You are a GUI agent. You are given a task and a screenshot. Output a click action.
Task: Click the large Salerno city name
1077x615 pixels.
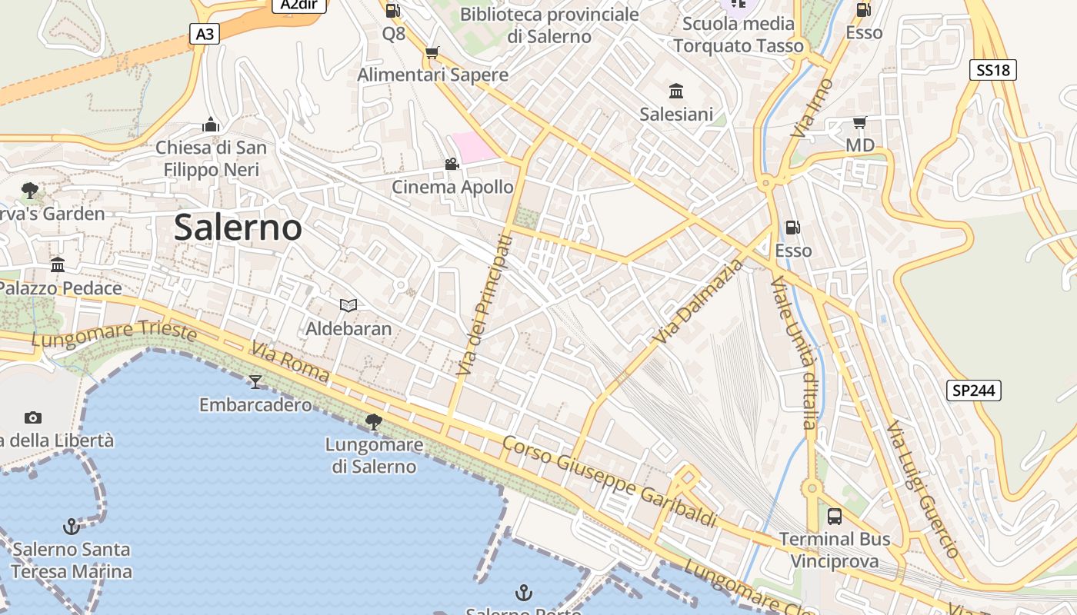pyautogui.click(x=238, y=228)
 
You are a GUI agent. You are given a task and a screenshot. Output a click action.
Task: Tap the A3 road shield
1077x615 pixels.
pyautogui.click(x=204, y=34)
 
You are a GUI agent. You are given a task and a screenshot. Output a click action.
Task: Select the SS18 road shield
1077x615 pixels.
pyautogui.click(x=992, y=71)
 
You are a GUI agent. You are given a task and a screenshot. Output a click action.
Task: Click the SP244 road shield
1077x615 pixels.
pyautogui.click(x=973, y=391)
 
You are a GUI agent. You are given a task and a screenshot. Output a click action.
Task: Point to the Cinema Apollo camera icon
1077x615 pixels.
pyautogui.click(x=452, y=165)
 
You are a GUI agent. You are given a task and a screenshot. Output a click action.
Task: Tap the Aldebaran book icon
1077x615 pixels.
pyautogui.click(x=348, y=306)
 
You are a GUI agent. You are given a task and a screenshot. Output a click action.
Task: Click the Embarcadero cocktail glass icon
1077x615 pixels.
pyautogui.click(x=255, y=382)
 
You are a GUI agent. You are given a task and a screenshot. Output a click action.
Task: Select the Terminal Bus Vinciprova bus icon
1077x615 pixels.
pyautogui.click(x=835, y=517)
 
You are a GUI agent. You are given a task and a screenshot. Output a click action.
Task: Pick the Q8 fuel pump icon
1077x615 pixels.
pyautogui.click(x=392, y=11)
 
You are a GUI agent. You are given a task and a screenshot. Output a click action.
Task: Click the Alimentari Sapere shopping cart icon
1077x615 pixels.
pyautogui.click(x=432, y=53)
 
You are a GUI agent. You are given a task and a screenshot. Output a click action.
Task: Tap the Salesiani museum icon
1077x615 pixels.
pyautogui.click(x=676, y=91)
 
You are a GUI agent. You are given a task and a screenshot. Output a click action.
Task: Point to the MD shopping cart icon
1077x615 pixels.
pyautogui.click(x=859, y=123)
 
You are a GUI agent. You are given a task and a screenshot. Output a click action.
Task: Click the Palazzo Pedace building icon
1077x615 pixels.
pyautogui.click(x=58, y=265)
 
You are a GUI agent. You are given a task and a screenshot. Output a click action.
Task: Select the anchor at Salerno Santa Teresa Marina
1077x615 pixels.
pyautogui.click(x=71, y=527)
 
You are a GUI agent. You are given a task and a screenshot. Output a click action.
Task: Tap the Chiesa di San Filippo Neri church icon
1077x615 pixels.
pyautogui.click(x=211, y=125)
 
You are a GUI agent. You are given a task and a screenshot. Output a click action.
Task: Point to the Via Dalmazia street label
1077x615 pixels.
pyautogui.click(x=700, y=301)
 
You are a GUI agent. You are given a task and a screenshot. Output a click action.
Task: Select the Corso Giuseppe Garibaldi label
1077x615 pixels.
pyautogui.click(x=609, y=481)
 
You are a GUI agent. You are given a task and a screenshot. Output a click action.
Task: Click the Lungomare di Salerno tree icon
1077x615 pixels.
pyautogui.click(x=374, y=421)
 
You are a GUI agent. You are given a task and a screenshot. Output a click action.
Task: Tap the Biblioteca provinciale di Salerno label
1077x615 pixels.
pyautogui.click(x=549, y=25)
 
